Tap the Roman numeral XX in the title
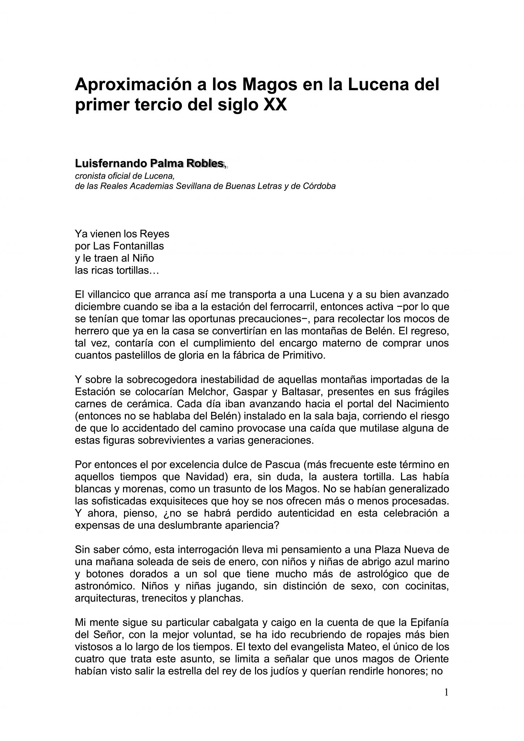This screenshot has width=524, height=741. pyautogui.click(x=275, y=105)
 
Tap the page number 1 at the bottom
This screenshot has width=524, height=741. pyautogui.click(x=446, y=693)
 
